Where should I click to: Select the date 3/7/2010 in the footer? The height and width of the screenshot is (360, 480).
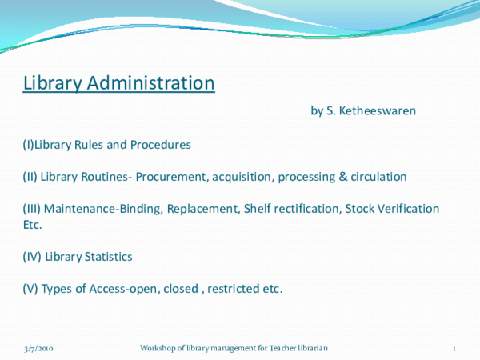[38, 349]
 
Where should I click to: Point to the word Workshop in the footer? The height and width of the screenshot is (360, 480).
[157, 349]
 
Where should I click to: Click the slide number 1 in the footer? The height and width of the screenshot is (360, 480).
[454, 349]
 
